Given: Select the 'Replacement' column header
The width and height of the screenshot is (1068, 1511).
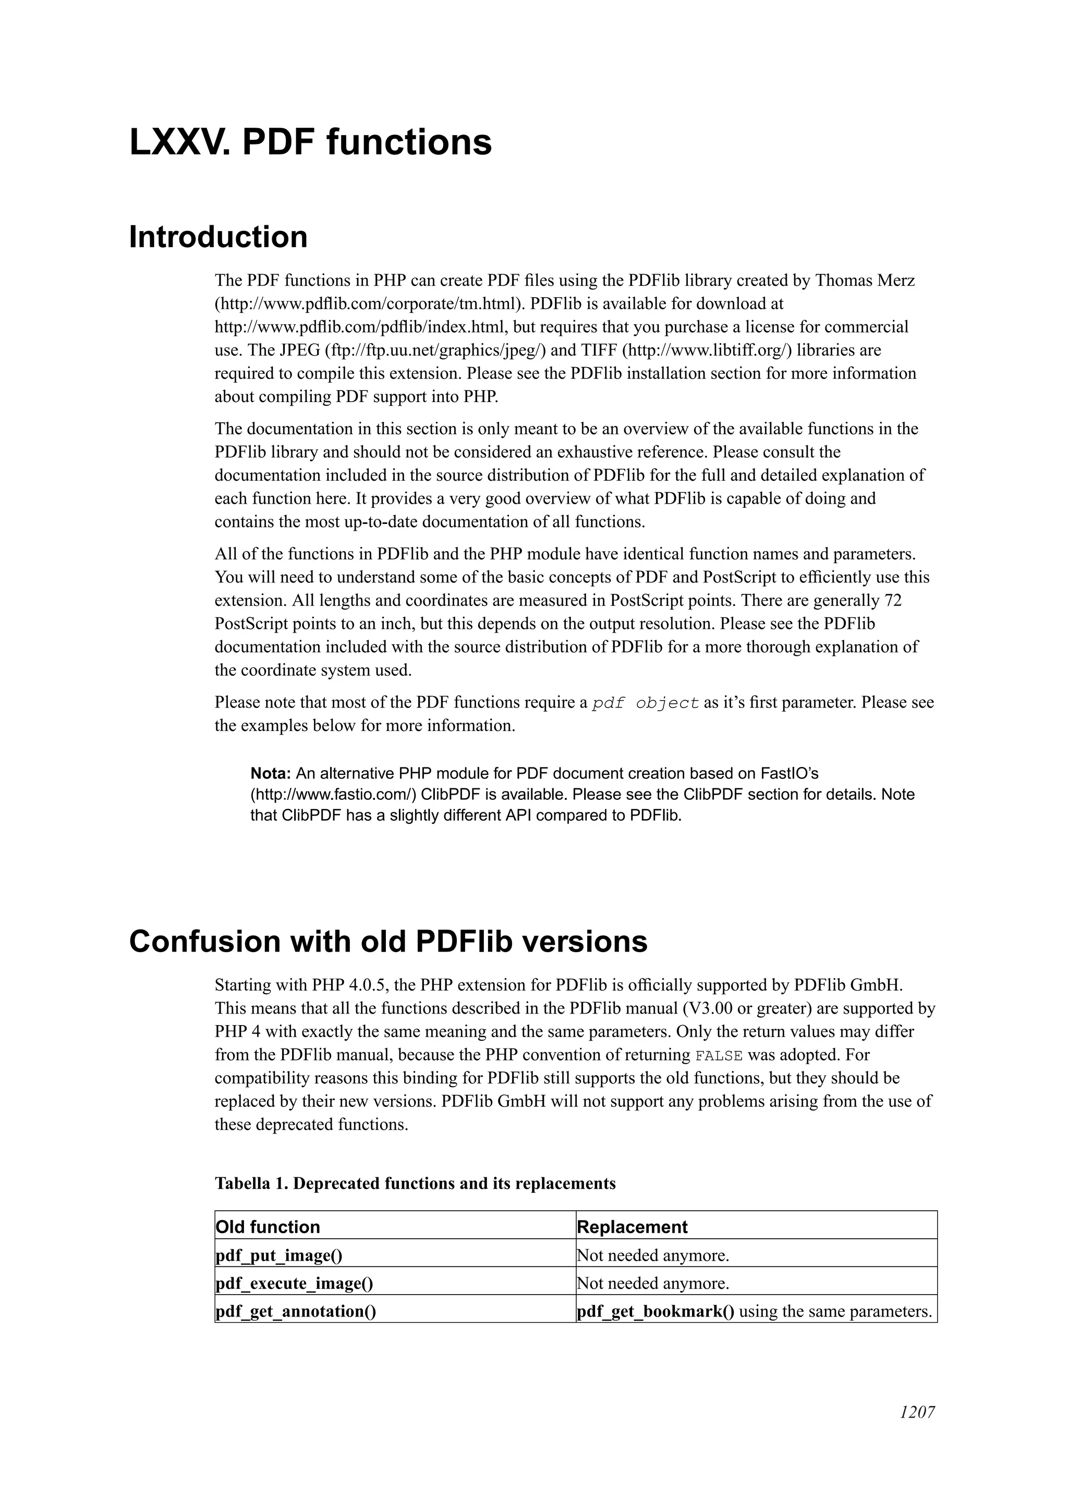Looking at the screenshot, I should [x=632, y=1227].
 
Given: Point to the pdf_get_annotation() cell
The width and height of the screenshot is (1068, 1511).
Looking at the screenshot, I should [x=296, y=1312].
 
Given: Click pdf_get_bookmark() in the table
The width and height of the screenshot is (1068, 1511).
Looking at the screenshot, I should [x=656, y=1312].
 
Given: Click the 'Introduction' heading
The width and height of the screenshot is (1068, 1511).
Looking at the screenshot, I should [x=218, y=237].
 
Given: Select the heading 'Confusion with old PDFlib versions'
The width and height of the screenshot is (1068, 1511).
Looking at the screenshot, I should [x=387, y=942].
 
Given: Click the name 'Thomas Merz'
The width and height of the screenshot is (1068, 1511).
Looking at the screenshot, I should [x=865, y=281].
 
